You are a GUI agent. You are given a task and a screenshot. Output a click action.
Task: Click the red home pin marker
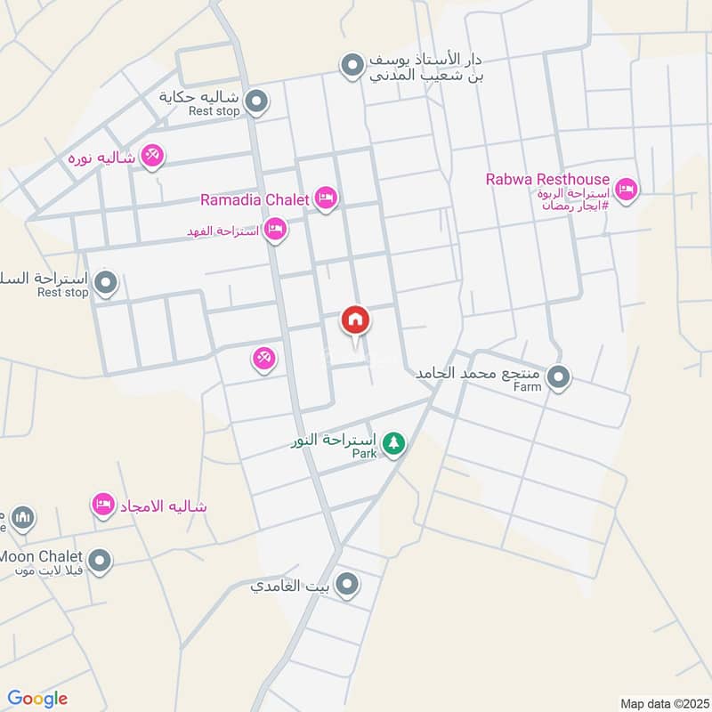[355, 320]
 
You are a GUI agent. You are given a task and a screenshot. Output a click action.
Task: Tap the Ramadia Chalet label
[255, 199]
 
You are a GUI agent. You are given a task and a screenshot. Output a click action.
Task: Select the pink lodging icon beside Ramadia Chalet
[325, 198]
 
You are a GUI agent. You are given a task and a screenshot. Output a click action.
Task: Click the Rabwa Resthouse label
[547, 179]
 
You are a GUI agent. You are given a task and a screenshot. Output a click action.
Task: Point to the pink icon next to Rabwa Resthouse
[627, 190]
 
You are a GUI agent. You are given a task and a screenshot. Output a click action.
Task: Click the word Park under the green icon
[364, 454]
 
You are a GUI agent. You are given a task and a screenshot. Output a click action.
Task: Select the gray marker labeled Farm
[558, 377]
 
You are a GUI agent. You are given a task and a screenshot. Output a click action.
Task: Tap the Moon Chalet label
[41, 556]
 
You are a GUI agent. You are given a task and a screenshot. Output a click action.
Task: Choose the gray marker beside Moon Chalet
[100, 561]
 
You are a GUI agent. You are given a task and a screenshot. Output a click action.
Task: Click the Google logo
[37, 699]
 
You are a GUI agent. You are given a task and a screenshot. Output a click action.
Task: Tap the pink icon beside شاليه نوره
[152, 157]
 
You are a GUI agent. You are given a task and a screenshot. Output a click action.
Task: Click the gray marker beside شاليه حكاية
[256, 102]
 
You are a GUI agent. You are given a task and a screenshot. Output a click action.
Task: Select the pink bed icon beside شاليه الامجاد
[103, 506]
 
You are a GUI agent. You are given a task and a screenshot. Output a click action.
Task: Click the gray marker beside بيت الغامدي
[347, 584]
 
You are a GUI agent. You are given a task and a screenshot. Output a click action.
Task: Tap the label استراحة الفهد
[222, 231]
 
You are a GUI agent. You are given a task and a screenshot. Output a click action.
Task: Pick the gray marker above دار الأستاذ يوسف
[353, 65]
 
